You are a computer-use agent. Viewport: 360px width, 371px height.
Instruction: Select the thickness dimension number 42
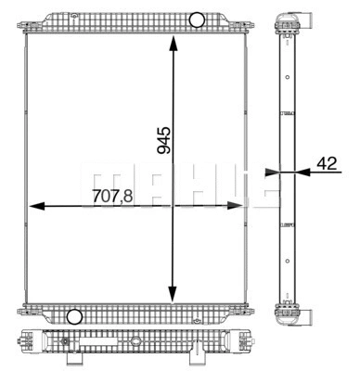(x=327, y=163)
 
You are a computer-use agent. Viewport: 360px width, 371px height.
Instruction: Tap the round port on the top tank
(x=197, y=19)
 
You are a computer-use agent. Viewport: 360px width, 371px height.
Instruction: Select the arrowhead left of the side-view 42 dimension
(x=272, y=171)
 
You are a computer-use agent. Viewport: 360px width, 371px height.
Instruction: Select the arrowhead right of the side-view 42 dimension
(x=298, y=171)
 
